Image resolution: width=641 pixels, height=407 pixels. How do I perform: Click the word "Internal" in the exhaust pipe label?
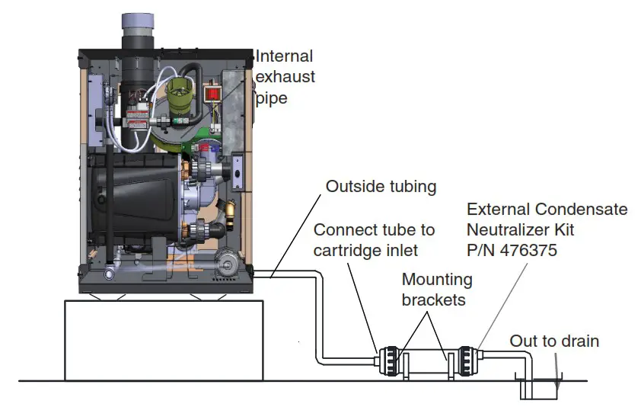[x=284, y=56]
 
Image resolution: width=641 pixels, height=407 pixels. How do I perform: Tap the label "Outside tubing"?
[x=381, y=187]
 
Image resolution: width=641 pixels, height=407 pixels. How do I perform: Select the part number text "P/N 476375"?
[x=512, y=250]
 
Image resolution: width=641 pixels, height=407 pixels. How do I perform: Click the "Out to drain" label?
[x=554, y=341]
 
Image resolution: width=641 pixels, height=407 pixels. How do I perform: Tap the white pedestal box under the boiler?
[x=164, y=339]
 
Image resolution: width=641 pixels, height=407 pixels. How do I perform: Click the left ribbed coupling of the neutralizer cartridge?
[x=389, y=358]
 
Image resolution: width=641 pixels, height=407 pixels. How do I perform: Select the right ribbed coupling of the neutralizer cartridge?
[x=465, y=358]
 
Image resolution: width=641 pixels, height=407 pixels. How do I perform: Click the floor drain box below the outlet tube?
[x=539, y=387]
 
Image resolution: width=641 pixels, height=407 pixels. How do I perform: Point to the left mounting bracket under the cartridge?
[x=405, y=367]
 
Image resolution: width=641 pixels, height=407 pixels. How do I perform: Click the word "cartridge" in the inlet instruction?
[x=348, y=250]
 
